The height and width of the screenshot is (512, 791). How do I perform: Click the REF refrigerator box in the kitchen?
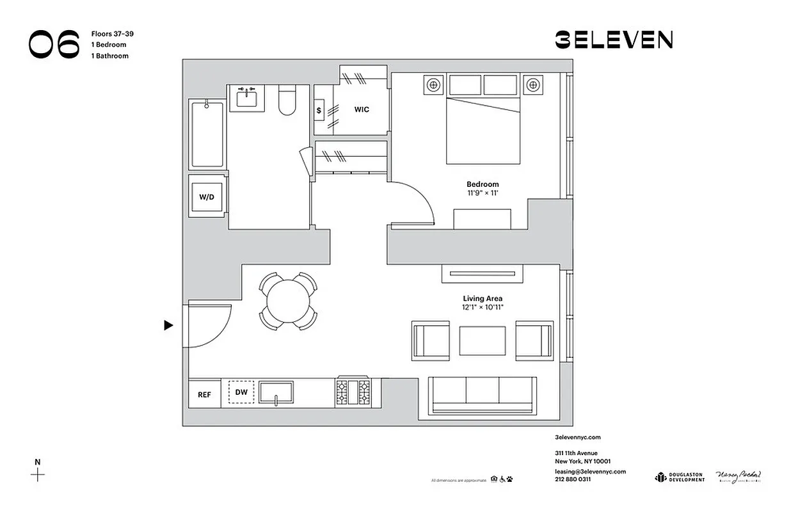pos(204,394)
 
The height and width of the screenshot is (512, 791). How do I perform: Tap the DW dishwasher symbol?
pos(241,392)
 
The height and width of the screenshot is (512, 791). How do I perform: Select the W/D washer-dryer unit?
pos(206,197)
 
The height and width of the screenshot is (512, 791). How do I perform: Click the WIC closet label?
pos(362,109)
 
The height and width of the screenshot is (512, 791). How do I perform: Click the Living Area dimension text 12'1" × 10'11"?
pos(483,307)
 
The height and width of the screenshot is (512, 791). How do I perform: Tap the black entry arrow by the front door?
pos(169,325)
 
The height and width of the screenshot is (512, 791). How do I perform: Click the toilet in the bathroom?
pos(287,102)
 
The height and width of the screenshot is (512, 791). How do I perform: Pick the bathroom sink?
pos(246,99)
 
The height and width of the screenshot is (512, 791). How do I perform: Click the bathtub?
pos(207,133)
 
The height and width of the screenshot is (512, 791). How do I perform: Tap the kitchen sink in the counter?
pos(276,392)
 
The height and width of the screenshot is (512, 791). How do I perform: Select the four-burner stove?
pos(353,392)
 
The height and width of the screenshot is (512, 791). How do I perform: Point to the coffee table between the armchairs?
pos(482,340)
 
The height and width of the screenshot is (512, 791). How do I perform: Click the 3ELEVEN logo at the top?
pos(613,40)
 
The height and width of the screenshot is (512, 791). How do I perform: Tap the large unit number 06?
pos(54,44)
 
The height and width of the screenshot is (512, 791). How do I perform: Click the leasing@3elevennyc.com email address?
pos(589,472)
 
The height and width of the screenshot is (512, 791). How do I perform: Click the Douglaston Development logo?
pos(679,477)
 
